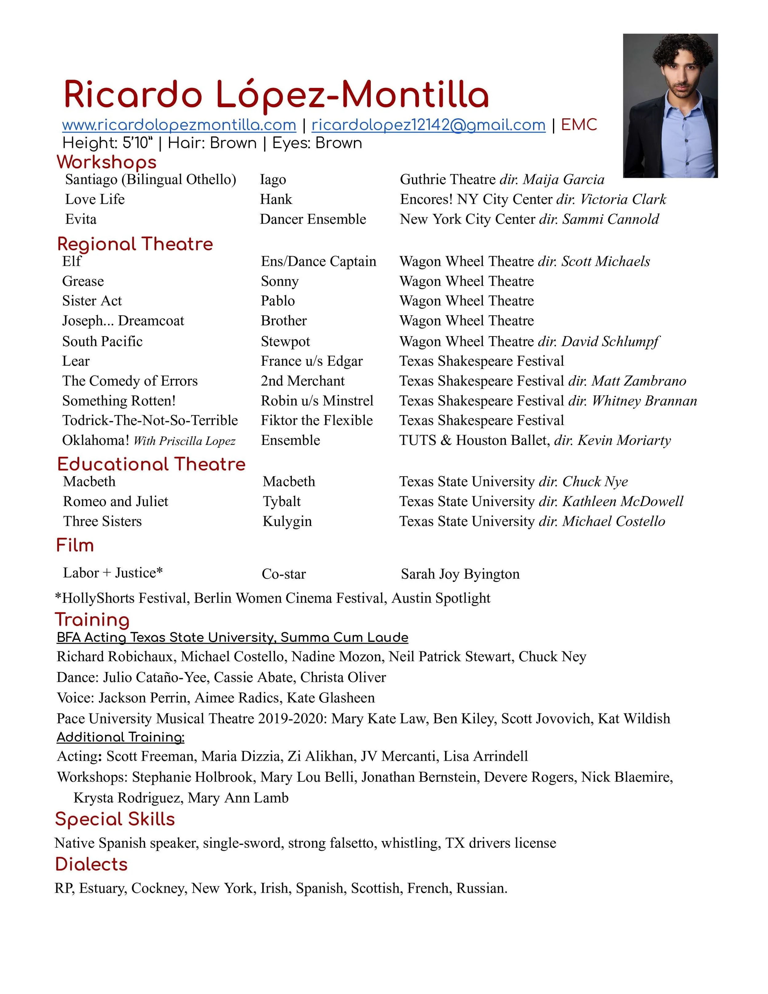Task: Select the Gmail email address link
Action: click(x=428, y=125)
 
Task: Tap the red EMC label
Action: click(x=579, y=125)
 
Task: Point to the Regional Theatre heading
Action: click(x=135, y=244)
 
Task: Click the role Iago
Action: click(x=273, y=179)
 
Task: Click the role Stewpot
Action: click(x=285, y=341)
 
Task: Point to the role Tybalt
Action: click(x=282, y=501)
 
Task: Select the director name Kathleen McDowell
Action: click(x=622, y=501)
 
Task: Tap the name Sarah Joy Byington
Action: click(x=460, y=574)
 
